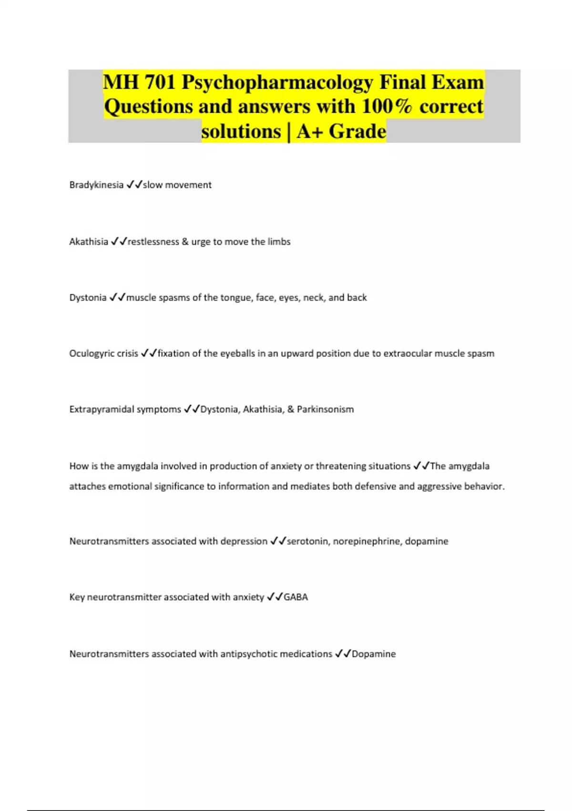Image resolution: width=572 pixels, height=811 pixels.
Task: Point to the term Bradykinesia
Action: tap(96, 185)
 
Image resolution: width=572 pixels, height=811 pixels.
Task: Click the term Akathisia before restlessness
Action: tap(89, 242)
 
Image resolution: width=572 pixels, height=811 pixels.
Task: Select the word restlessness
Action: tap(153, 242)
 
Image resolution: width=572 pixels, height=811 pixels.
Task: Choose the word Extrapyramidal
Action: tap(101, 409)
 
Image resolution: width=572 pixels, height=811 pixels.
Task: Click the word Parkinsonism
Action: tap(325, 409)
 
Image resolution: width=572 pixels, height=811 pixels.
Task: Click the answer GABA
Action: tap(296, 597)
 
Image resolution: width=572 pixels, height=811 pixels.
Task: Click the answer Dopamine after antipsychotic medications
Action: tap(374, 654)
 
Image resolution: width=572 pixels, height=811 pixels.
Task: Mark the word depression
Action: tap(244, 541)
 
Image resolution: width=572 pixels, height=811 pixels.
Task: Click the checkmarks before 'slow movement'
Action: tap(134, 185)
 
